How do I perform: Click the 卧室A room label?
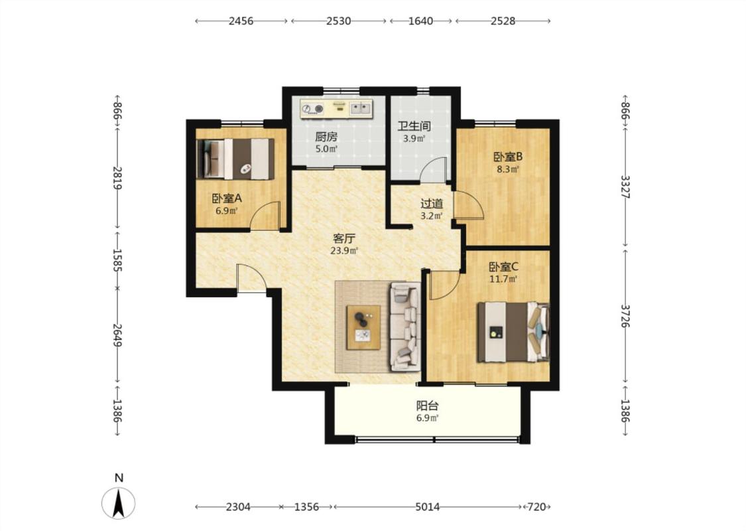(x=227, y=198)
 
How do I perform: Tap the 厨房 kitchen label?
(x=326, y=137)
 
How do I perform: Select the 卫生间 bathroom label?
(x=414, y=126)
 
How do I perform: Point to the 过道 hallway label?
(x=432, y=204)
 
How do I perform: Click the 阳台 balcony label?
(x=427, y=406)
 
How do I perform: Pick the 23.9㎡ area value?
(x=344, y=250)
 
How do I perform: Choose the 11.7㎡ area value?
(x=503, y=279)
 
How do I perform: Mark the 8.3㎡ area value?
(x=508, y=169)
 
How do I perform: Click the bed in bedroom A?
(x=235, y=159)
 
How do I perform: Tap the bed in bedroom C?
(x=513, y=332)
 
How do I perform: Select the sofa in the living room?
(x=405, y=326)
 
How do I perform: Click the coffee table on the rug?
(x=363, y=327)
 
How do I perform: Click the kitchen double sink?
(x=361, y=108)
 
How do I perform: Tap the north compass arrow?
(x=119, y=504)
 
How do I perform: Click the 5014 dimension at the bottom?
(x=427, y=507)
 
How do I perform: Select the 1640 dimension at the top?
(x=420, y=21)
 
